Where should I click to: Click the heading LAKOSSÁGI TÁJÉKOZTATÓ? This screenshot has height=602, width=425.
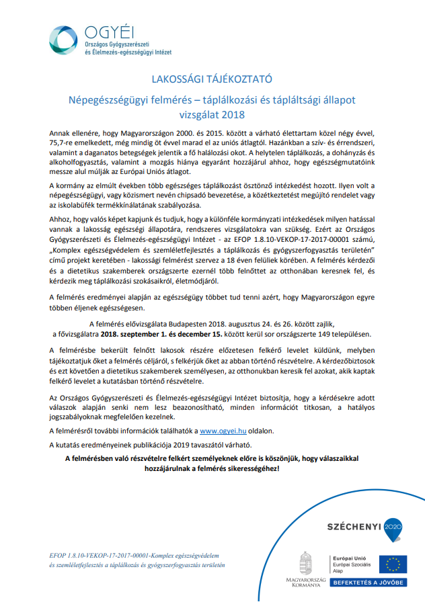point(212,78)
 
